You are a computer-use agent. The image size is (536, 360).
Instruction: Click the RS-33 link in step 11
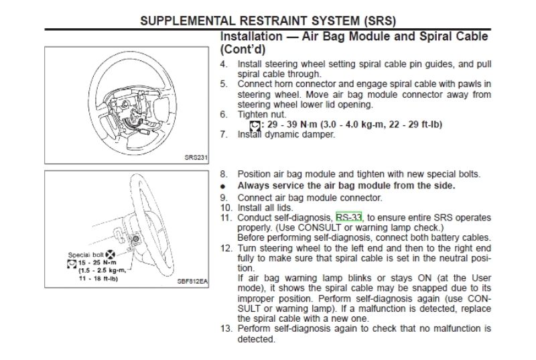348,218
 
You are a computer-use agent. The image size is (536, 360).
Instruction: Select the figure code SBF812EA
192,282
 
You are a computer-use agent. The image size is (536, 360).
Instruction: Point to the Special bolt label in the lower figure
85,255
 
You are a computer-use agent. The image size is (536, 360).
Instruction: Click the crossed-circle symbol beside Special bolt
110,254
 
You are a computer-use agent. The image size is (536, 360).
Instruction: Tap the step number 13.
225,329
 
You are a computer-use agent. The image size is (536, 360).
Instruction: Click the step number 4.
223,64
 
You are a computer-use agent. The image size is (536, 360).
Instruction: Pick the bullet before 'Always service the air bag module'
223,186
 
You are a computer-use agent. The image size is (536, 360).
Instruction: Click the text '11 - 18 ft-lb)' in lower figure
94,278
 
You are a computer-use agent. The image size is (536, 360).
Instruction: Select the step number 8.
223,174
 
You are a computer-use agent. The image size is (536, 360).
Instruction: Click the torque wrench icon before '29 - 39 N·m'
255,125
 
